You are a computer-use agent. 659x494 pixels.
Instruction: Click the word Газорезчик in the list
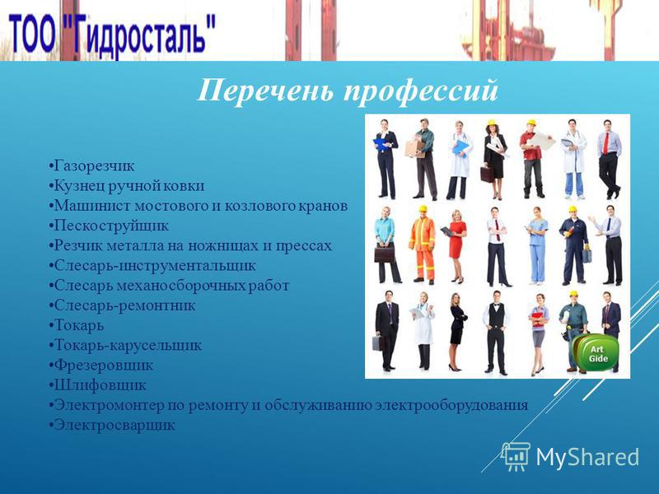[95, 166]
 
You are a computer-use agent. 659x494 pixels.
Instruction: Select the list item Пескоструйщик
[111, 226]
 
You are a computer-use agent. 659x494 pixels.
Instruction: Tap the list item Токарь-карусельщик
[129, 346]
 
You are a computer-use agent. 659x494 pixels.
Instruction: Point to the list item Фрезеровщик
[104, 366]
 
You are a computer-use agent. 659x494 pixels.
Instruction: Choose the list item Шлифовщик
[100, 385]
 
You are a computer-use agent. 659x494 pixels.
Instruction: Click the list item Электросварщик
[115, 425]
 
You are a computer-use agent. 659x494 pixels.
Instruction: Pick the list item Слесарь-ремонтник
[125, 305]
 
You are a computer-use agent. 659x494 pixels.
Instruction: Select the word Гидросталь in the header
[142, 35]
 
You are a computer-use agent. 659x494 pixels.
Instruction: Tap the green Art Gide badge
[596, 353]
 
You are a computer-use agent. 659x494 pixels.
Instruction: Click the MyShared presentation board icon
[516, 457]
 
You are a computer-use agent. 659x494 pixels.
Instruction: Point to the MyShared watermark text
[587, 457]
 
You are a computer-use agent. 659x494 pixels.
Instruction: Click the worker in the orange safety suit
[423, 245]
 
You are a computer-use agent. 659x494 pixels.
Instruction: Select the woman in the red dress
[456, 246]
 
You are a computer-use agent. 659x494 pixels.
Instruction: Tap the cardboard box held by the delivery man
[415, 149]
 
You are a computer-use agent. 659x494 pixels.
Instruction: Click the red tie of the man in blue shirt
[605, 143]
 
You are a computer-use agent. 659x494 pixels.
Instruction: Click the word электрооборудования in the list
[451, 405]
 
